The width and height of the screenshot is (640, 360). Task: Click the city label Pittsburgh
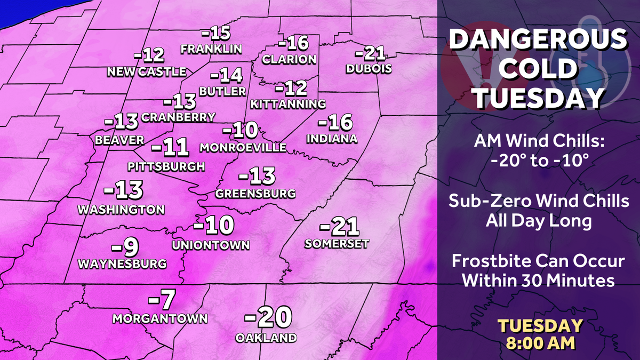click(166, 166)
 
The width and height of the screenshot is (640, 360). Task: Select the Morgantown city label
click(160, 318)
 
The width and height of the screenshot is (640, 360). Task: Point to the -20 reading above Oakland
click(268, 318)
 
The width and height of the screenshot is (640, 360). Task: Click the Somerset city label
click(337, 243)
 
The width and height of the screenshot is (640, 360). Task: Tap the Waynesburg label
click(122, 263)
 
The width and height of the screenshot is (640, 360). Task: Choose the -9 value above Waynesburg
click(125, 246)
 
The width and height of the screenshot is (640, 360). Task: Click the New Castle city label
click(147, 71)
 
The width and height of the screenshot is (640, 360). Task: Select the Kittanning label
click(287, 103)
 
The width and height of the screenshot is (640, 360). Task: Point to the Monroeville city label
click(243, 147)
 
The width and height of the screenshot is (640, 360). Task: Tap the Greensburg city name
click(255, 193)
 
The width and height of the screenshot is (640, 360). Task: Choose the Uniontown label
click(211, 245)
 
